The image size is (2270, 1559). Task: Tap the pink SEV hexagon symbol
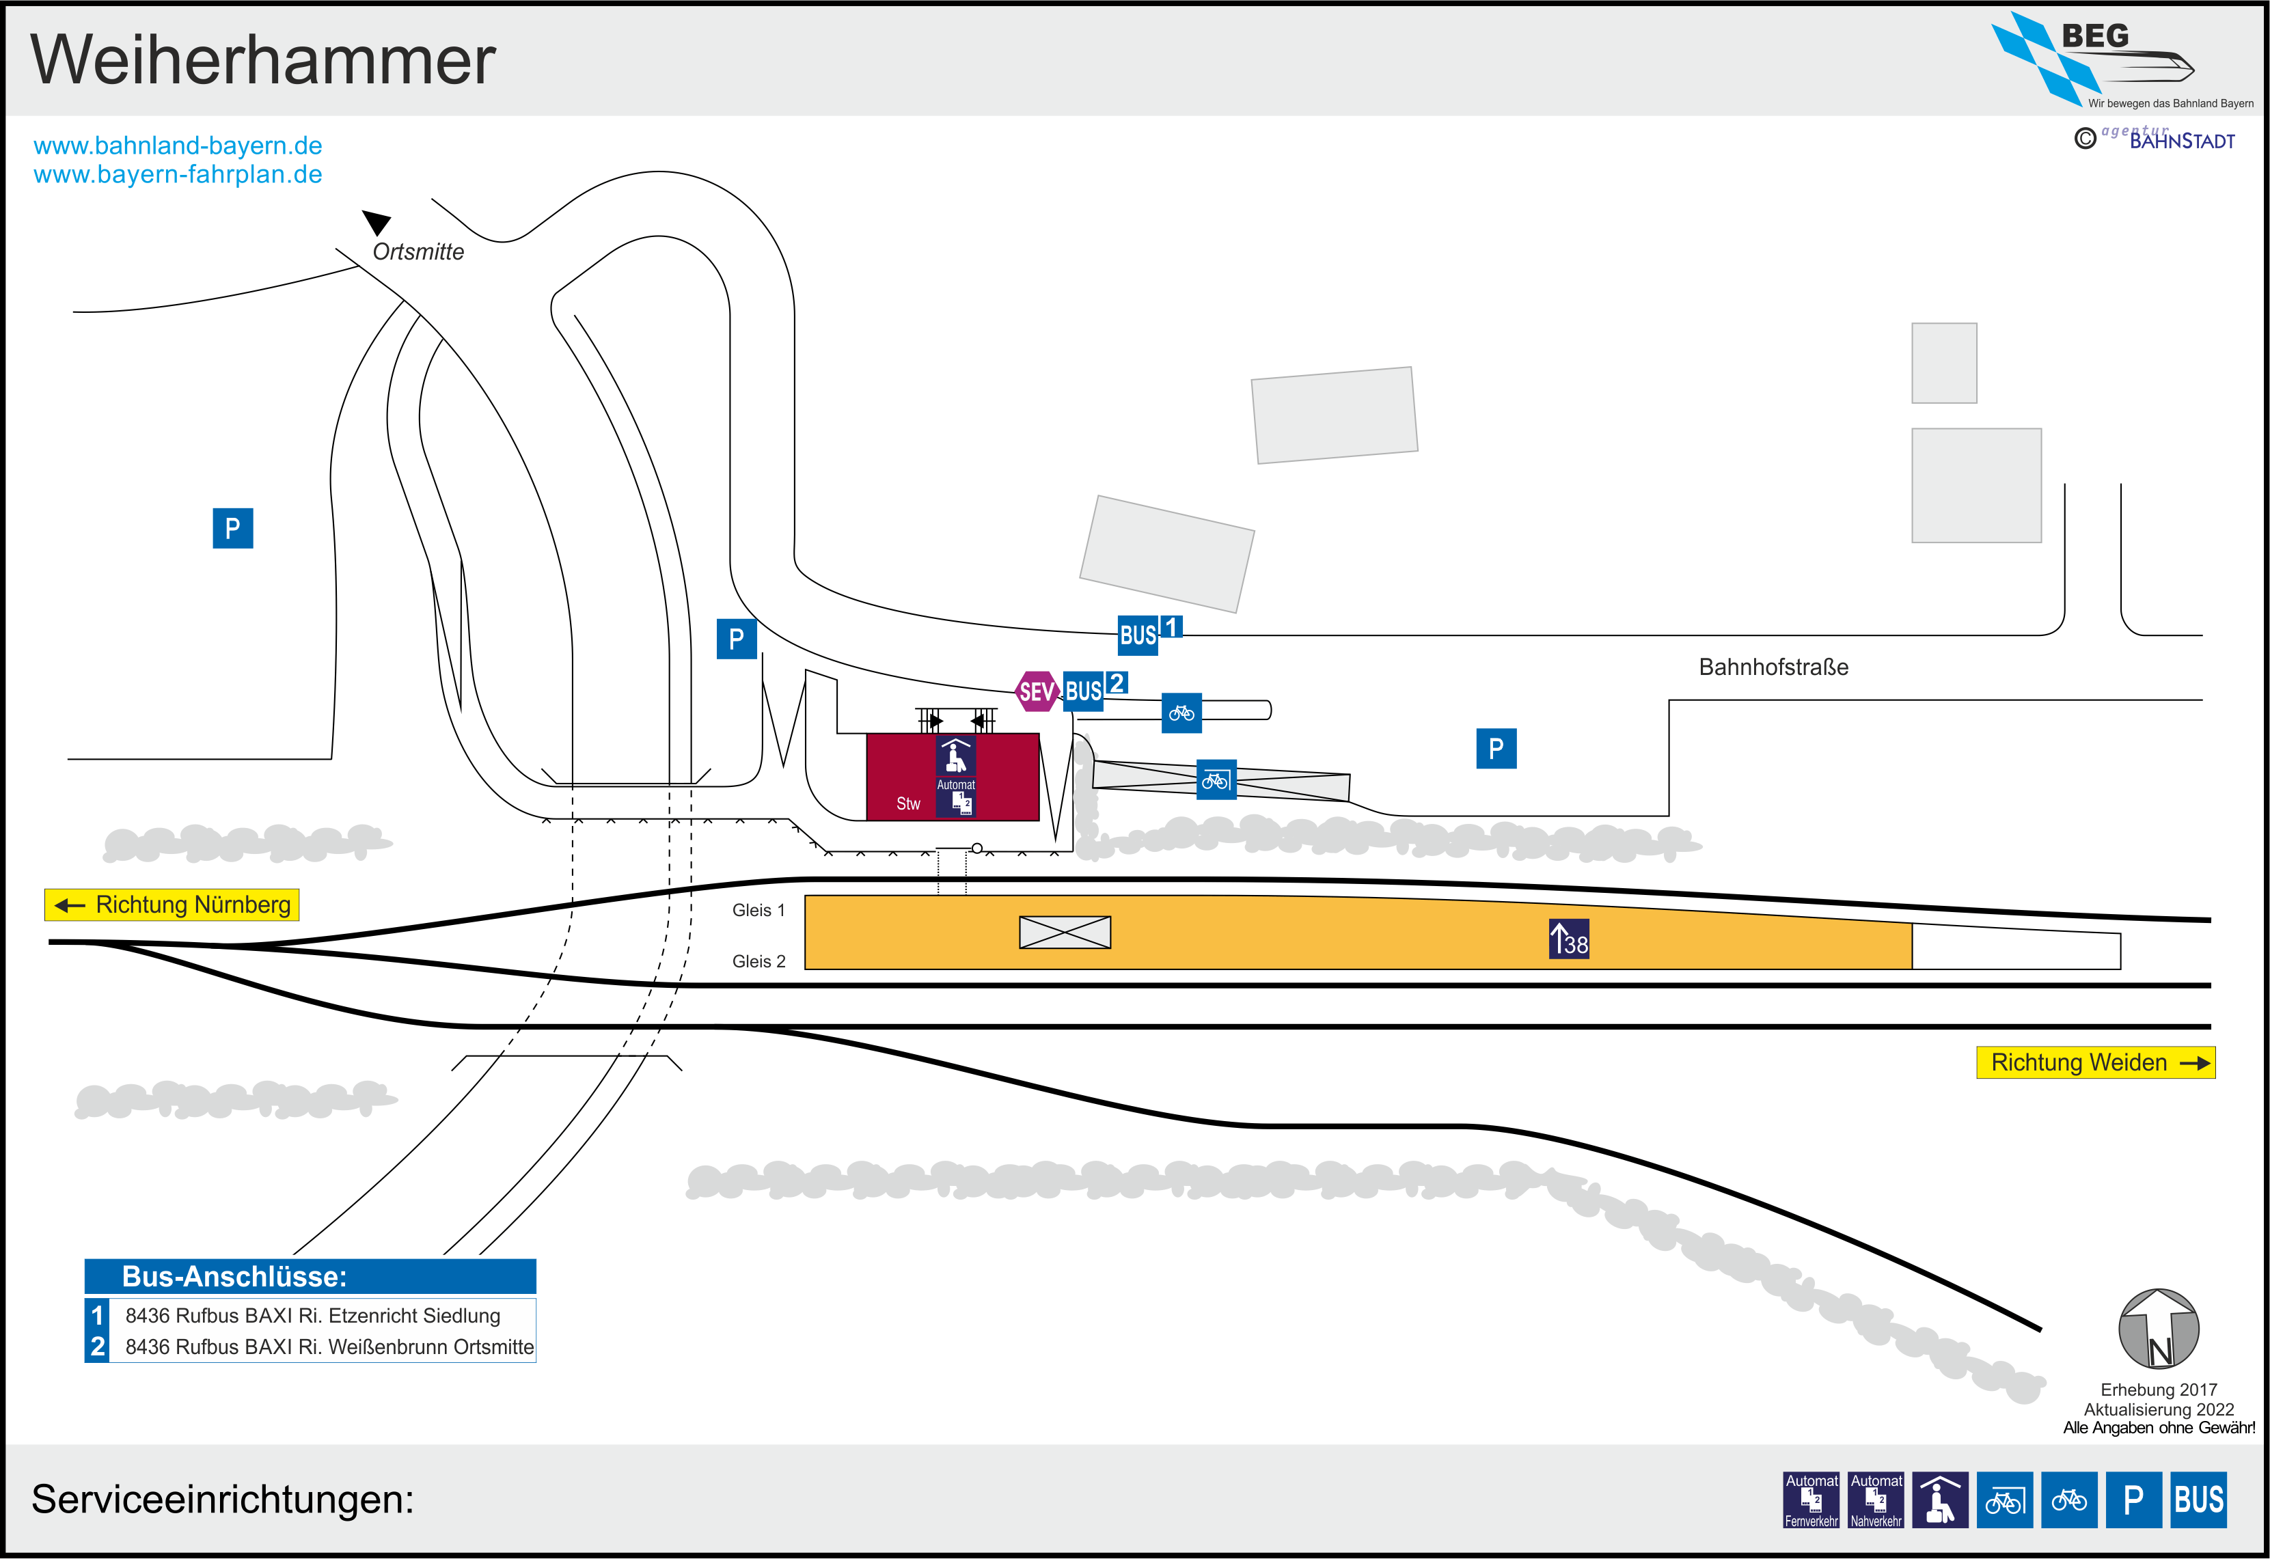pyautogui.click(x=1037, y=691)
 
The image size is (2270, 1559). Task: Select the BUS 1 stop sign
pyautogui.click(x=1149, y=633)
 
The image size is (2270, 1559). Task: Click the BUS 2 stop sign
pyautogui.click(x=1095, y=689)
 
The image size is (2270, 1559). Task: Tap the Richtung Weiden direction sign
pyautogui.click(x=2095, y=1063)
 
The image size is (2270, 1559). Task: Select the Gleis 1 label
pyautogui.click(x=758, y=911)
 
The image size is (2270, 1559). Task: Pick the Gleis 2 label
pyautogui.click(x=758, y=961)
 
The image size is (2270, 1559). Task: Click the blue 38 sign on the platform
pyautogui.click(x=1569, y=939)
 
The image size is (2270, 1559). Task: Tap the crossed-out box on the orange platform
pyautogui.click(x=1065, y=932)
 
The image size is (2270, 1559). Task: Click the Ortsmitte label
pyautogui.click(x=418, y=252)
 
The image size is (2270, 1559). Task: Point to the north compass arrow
pyautogui.click(x=2159, y=1329)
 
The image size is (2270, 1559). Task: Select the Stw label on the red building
pyautogui.click(x=908, y=804)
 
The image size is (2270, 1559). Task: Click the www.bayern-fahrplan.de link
pyautogui.click(x=178, y=175)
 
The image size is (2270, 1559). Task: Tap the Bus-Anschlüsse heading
pyautogui.click(x=234, y=1277)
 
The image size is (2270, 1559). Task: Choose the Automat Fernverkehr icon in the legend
pyautogui.click(x=1811, y=1500)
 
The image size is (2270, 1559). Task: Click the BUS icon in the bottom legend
pyautogui.click(x=2199, y=1500)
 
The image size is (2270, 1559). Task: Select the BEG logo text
pyautogui.click(x=2094, y=36)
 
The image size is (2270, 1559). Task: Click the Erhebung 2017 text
pyautogui.click(x=2159, y=1389)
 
